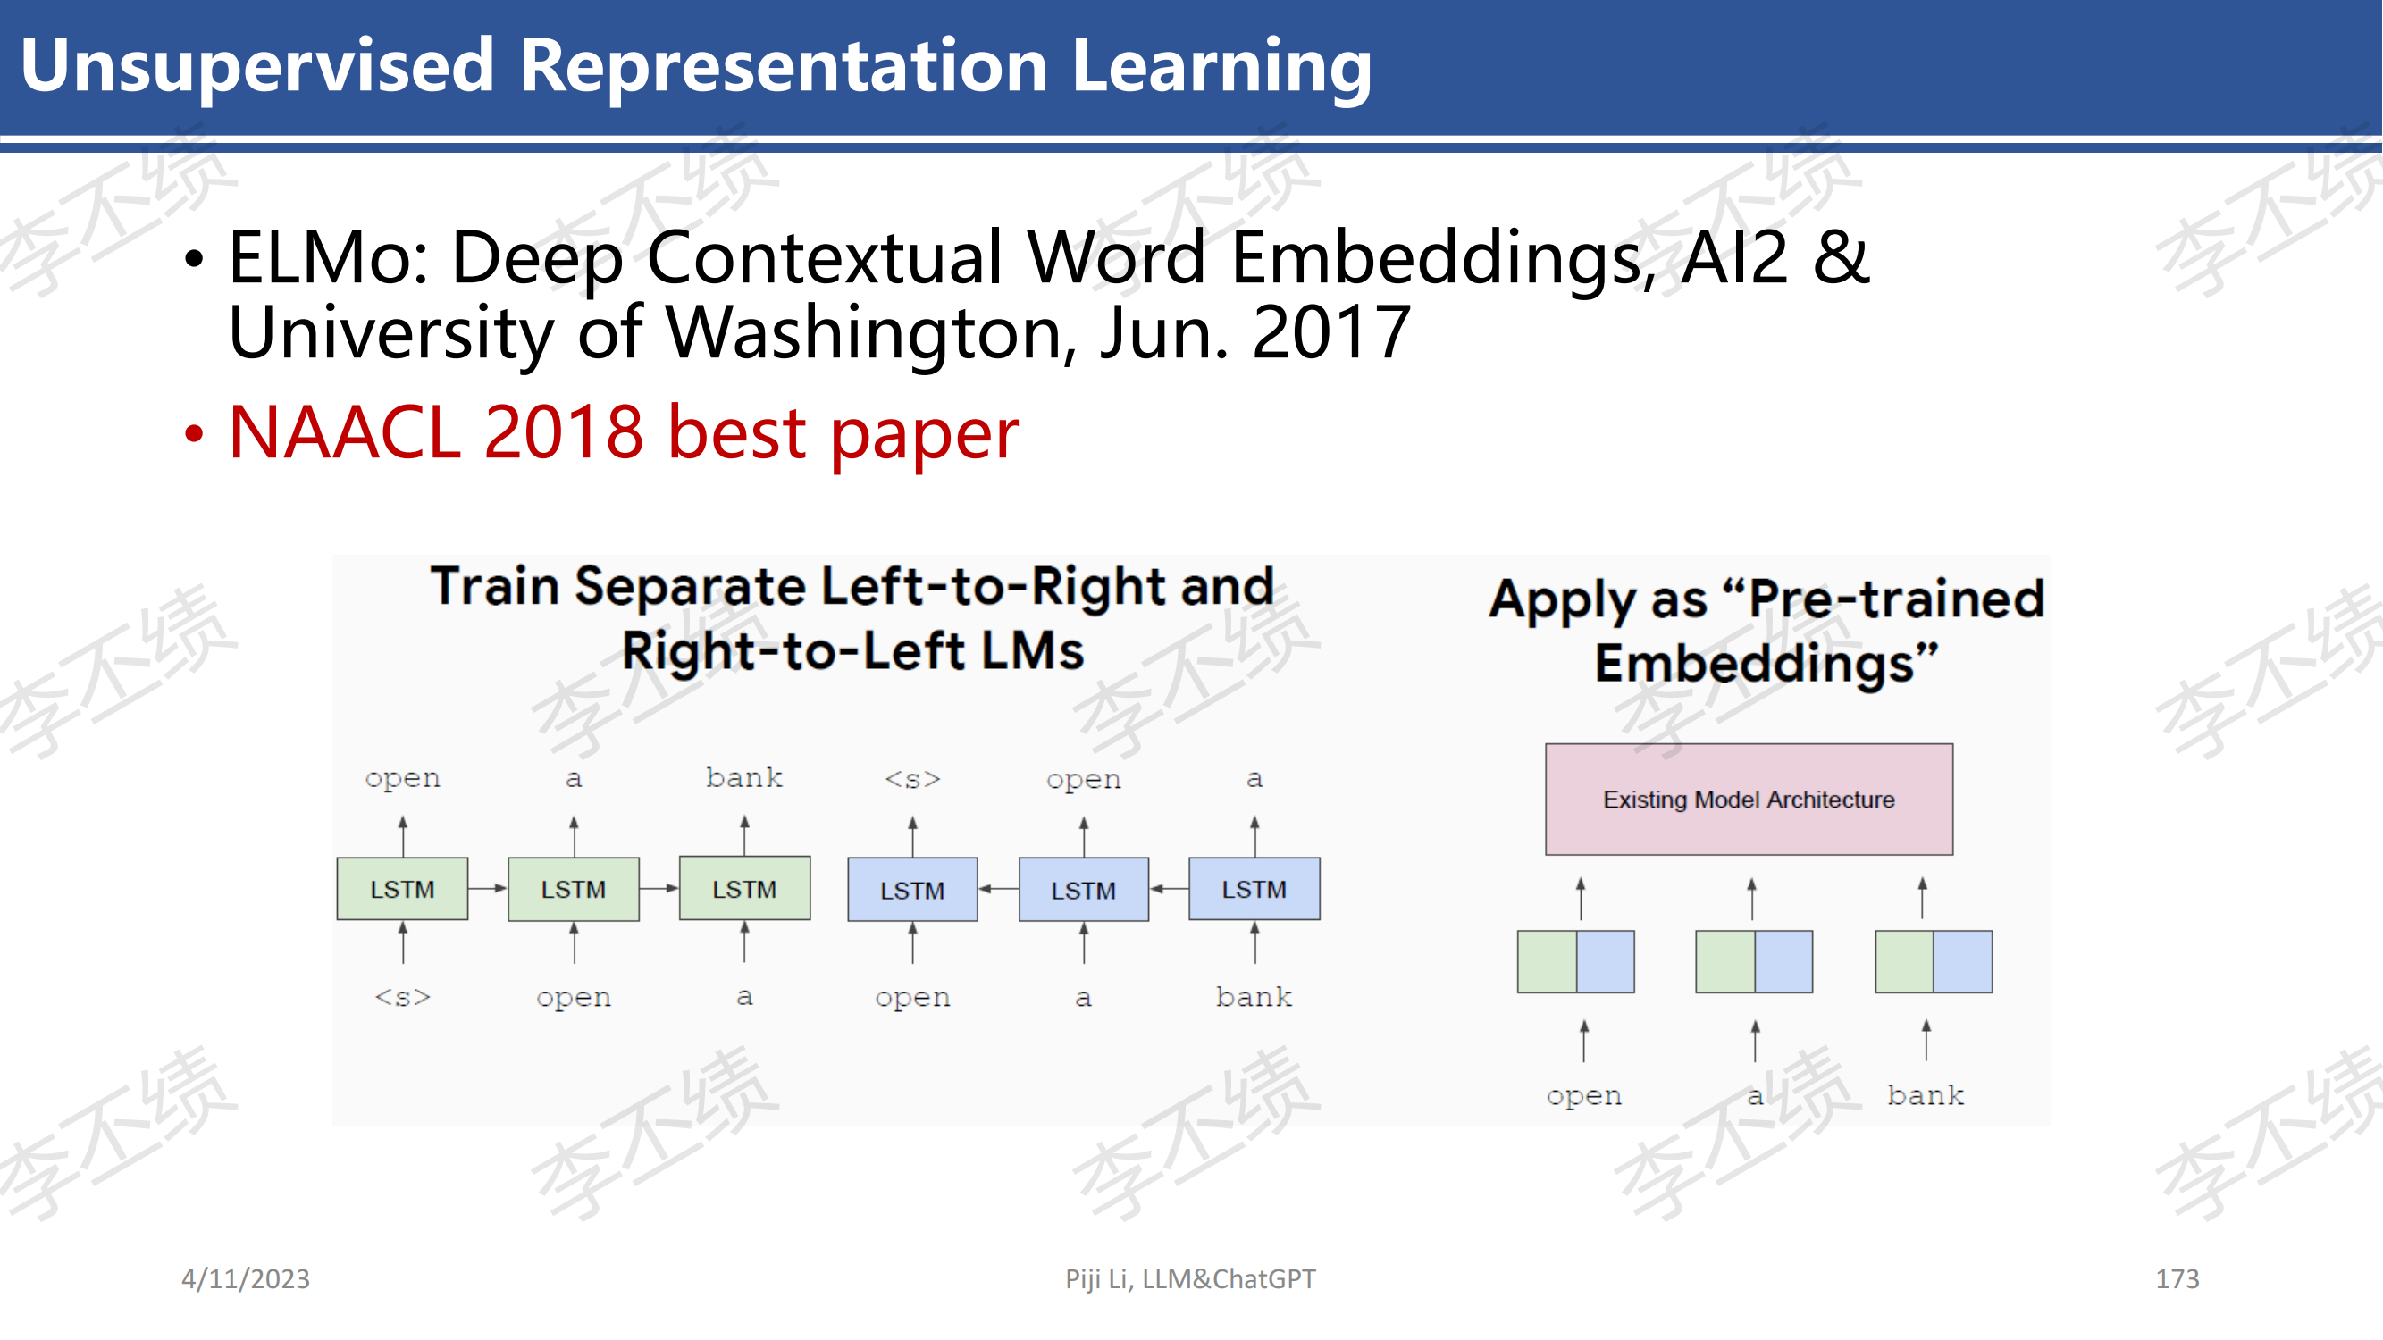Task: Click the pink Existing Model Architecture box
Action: [1749, 799]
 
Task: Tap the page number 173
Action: [2177, 1278]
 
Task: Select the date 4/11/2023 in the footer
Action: [245, 1278]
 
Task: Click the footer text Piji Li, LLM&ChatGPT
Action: [1189, 1278]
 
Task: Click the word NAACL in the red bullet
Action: [344, 431]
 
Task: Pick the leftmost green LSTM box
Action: [402, 889]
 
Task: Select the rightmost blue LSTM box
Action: [1254, 889]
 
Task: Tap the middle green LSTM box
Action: [574, 889]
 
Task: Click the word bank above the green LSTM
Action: [743, 777]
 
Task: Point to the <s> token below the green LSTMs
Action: [402, 997]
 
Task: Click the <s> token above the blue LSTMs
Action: [912, 780]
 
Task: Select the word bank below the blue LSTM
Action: [1254, 996]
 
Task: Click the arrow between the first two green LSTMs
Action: [488, 888]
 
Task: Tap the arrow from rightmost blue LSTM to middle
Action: [1170, 889]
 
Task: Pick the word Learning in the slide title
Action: [1221, 67]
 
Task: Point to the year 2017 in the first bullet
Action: [1331, 332]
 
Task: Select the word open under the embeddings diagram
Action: [1583, 1097]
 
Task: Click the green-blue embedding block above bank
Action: [1934, 962]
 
